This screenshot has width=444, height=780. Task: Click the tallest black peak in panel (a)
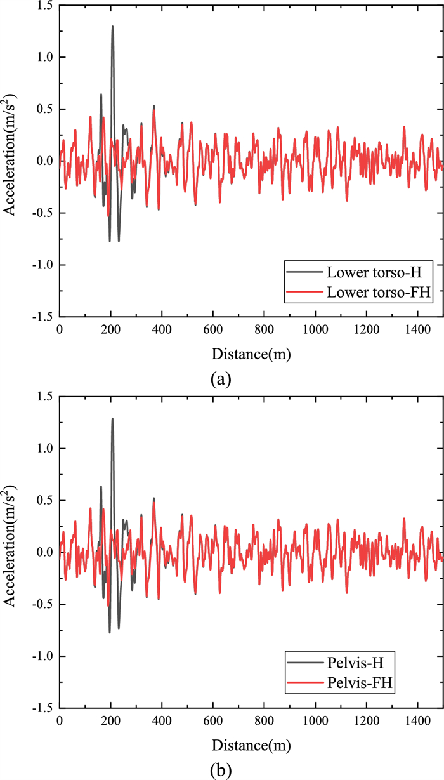click(x=113, y=27)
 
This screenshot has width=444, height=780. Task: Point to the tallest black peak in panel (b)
click(x=113, y=418)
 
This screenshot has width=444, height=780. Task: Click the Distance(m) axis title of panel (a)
click(x=251, y=354)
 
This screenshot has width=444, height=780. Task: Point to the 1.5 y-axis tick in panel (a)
click(x=44, y=6)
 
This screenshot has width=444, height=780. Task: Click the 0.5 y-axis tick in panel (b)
click(x=44, y=500)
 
